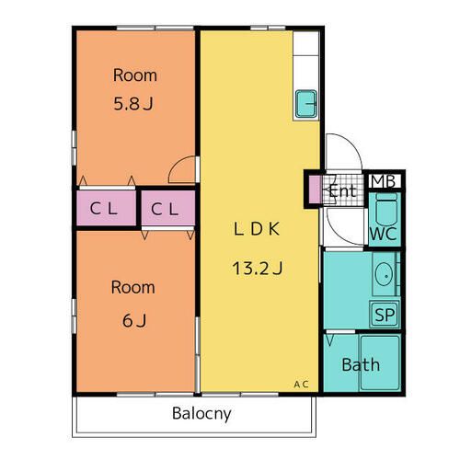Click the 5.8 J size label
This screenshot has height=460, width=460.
[133, 104]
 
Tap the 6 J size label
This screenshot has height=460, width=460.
[134, 321]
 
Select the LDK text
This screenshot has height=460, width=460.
[257, 229]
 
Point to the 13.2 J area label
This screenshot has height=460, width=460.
[258, 268]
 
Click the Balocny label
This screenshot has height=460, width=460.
[201, 414]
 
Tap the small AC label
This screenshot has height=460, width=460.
[301, 385]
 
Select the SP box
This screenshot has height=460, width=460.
[385, 315]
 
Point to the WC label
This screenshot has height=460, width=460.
[384, 235]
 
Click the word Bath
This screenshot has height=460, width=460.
[361, 364]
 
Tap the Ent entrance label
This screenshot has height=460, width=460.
[343, 191]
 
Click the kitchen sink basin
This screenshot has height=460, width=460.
[306, 104]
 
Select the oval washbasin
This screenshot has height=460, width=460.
[384, 274]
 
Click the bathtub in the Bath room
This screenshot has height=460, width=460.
[380, 363]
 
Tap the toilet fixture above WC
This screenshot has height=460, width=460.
[386, 209]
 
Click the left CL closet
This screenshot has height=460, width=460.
[106, 208]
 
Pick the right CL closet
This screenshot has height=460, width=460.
[168, 208]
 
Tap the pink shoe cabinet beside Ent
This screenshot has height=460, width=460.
[315, 190]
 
